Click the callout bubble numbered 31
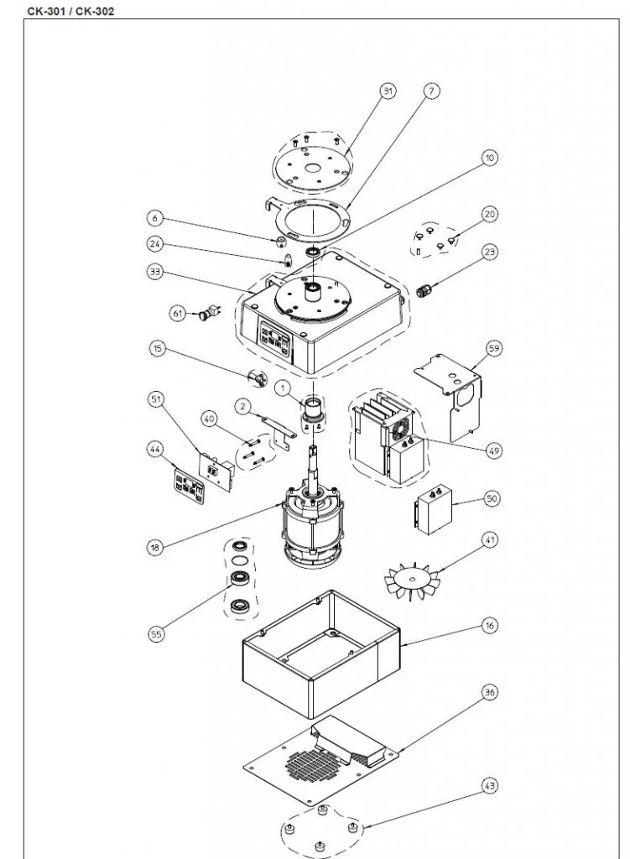tap(388, 91)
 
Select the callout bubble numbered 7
tap(431, 91)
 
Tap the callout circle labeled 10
tap(489, 158)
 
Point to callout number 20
tap(490, 214)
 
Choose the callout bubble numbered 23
tap(490, 252)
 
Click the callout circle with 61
tap(177, 313)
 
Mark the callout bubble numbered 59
tap(494, 347)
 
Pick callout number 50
tap(492, 498)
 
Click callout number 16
tap(490, 625)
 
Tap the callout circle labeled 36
tap(490, 692)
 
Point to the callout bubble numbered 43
tap(490, 785)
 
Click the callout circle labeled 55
tap(156, 634)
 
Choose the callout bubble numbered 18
tap(154, 547)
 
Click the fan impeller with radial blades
tap(412, 578)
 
